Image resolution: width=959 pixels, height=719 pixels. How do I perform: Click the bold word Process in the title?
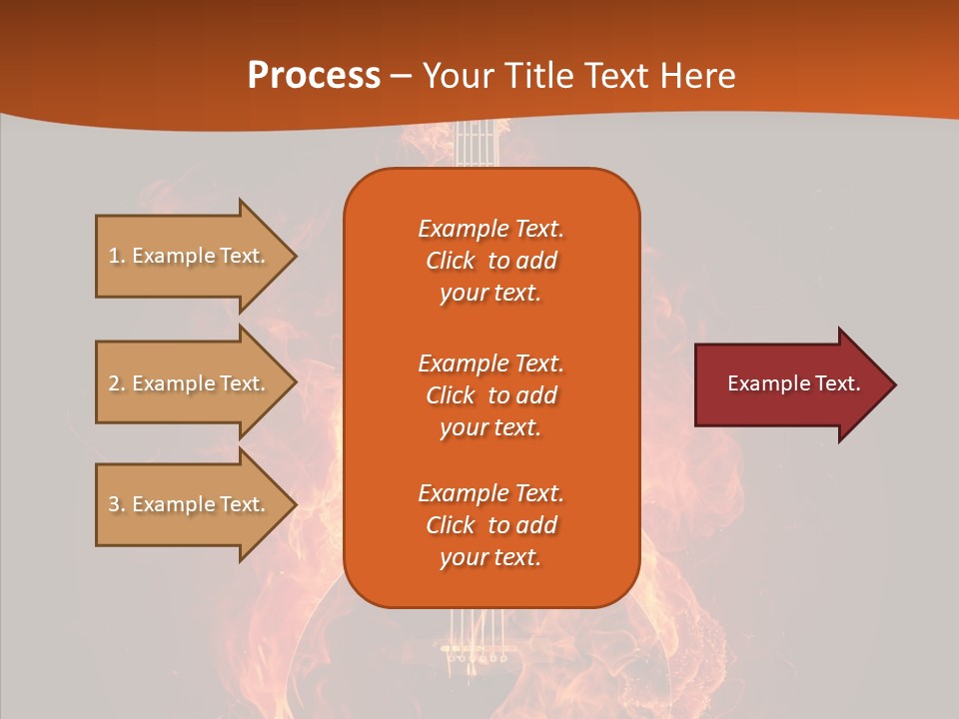click(x=314, y=76)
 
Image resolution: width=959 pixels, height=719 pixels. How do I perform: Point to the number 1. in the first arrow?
click(x=117, y=256)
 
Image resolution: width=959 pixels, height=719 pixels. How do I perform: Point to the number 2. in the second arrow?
click(x=117, y=383)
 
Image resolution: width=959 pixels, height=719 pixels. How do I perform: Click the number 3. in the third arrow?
click(x=117, y=504)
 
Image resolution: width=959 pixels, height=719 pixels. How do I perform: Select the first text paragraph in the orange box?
click(x=490, y=261)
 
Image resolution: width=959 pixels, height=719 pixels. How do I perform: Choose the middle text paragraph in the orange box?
click(x=490, y=395)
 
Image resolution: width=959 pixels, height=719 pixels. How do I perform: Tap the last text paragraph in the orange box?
click(x=490, y=525)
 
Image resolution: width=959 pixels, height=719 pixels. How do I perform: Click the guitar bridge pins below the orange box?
click(x=476, y=658)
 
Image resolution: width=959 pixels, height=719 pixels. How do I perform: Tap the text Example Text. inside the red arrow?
click(x=794, y=383)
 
